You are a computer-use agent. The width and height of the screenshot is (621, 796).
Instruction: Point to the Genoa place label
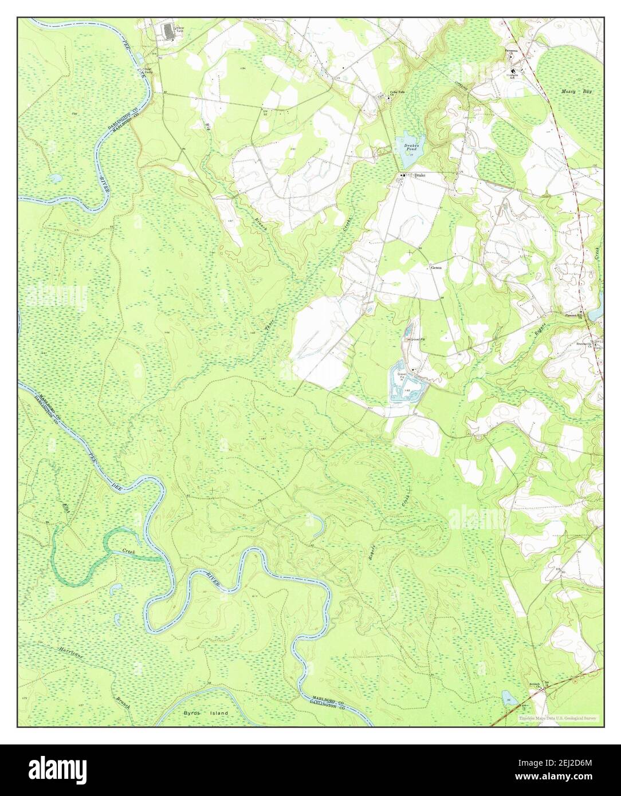coord(437,267)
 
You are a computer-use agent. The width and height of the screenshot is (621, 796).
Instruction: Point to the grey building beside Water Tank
coord(168,31)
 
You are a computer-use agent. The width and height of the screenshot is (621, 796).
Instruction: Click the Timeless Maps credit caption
coord(557,718)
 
